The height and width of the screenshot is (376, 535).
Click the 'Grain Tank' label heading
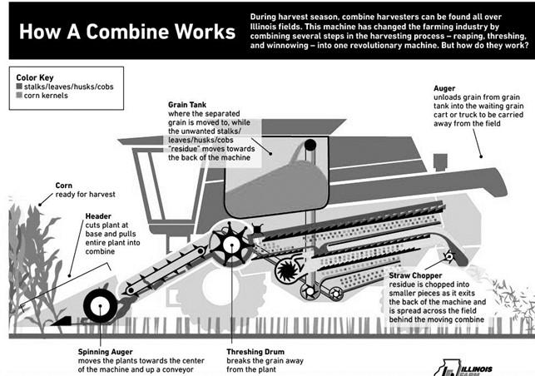coord(188,106)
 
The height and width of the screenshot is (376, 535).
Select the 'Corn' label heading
coord(65,185)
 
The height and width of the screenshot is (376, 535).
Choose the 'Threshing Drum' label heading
coord(256,352)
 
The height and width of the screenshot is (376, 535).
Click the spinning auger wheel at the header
coord(101,306)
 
